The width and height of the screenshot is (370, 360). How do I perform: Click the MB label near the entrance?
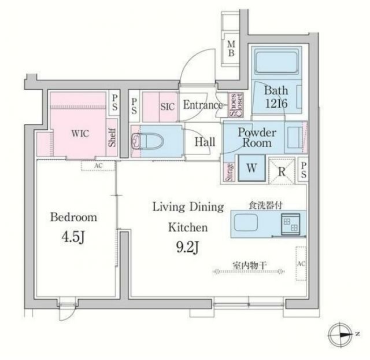231,49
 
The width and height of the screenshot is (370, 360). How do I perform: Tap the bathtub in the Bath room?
275,62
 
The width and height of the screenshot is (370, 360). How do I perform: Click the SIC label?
167,106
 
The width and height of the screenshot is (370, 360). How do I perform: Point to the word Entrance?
202,105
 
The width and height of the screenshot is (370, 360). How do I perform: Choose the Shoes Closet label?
236,106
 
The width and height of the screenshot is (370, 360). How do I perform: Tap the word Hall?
204,142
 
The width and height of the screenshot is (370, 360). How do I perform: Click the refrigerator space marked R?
280,170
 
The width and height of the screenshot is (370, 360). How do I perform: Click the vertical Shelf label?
112,138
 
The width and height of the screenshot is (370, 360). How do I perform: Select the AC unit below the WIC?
98,166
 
